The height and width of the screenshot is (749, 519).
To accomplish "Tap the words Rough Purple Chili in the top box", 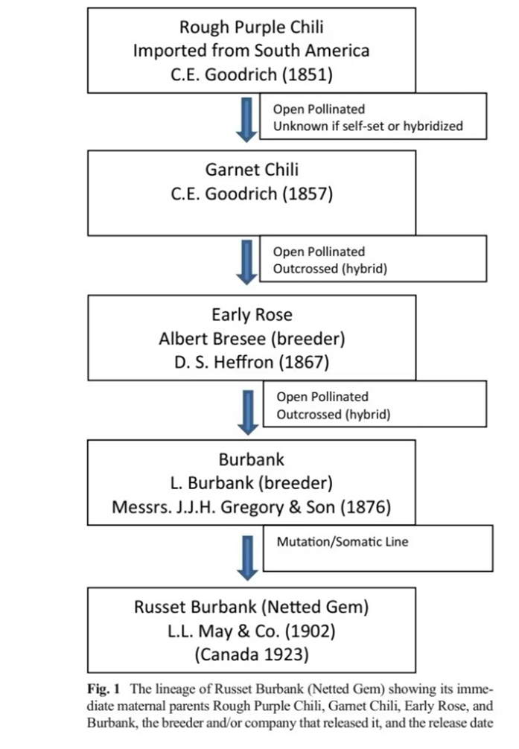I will pyautogui.click(x=251, y=28).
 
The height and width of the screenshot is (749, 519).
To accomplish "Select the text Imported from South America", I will pyautogui.click(x=251, y=51).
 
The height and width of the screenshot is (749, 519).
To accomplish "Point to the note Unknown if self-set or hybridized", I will pyautogui.click(x=367, y=126).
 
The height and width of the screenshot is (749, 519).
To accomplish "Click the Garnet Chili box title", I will pyautogui.click(x=251, y=170).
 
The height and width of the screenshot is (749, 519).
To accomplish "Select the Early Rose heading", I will pyautogui.click(x=251, y=315).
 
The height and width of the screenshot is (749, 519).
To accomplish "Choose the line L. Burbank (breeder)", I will pyautogui.click(x=251, y=482).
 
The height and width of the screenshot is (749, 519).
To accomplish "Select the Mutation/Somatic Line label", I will pyautogui.click(x=342, y=542).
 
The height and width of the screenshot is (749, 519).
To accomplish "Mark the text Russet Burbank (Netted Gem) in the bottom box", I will pyautogui.click(x=251, y=607).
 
